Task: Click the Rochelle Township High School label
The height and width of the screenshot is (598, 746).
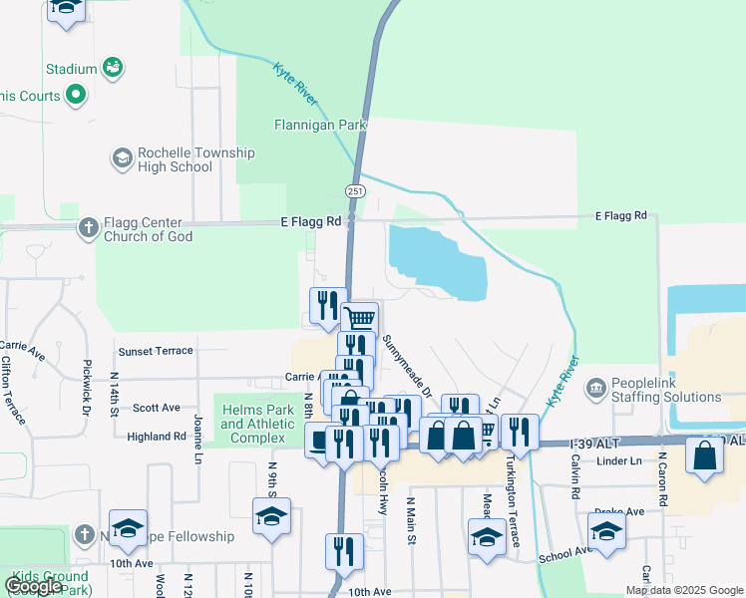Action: [x=183, y=159]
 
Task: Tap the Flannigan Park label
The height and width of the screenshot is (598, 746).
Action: [x=321, y=126]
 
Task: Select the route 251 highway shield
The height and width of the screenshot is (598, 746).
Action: [x=356, y=189]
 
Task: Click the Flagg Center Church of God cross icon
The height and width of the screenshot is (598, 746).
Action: [x=89, y=226]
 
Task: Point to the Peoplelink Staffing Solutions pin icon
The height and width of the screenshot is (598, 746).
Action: [x=595, y=387]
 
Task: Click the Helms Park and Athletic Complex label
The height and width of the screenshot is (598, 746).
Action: [x=258, y=425]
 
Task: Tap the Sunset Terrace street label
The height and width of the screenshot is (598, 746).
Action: [x=158, y=352]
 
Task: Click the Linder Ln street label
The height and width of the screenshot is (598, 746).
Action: [x=621, y=460]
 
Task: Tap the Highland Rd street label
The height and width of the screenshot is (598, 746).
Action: [x=157, y=437]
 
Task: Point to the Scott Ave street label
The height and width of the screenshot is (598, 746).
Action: [x=157, y=408]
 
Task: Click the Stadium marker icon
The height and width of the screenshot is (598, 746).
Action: [x=113, y=68]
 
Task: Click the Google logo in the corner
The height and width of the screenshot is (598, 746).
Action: [x=34, y=585]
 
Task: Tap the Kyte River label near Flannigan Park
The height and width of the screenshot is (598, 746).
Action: [x=296, y=83]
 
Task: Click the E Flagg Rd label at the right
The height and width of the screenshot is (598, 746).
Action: [x=620, y=215]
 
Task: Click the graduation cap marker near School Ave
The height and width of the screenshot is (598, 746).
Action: [x=606, y=533]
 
